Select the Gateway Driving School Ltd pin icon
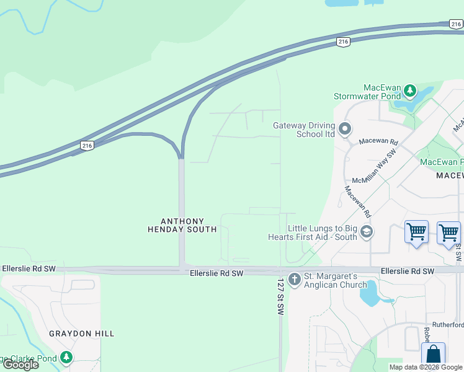(346, 130)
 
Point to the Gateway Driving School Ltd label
(304, 130)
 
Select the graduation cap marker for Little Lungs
(367, 232)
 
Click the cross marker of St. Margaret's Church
(294, 280)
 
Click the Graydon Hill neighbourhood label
(82, 334)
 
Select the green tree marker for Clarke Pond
(66, 358)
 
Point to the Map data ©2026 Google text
(426, 367)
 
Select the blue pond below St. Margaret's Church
(370, 293)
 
